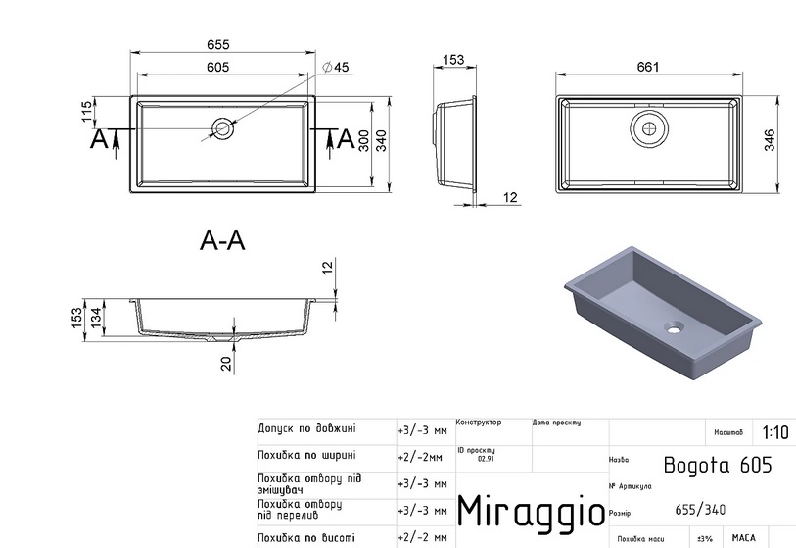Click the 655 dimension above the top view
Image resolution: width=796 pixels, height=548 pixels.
coord(217,45)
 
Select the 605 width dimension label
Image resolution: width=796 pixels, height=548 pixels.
coord(217,66)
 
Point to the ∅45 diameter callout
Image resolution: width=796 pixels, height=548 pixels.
coord(335,67)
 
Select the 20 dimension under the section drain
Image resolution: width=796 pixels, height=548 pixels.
coord(226,364)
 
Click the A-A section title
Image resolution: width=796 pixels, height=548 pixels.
coord(222,240)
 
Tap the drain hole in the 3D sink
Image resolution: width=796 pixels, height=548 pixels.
coord(673,325)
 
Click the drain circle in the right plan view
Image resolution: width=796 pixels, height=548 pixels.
coord(647,125)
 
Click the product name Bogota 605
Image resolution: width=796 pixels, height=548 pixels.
coord(717,465)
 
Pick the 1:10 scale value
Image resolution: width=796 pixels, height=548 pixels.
coord(773,432)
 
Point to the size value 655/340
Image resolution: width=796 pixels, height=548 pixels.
coord(700,509)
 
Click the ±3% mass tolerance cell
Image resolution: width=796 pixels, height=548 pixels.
coord(704,538)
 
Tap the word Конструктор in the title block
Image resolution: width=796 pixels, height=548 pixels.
coord(478,423)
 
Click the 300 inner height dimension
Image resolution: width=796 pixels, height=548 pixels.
coord(363,142)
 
